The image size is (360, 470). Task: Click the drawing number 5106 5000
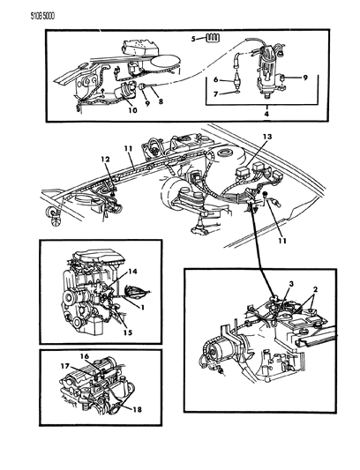click(42, 16)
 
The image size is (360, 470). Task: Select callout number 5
click(193, 39)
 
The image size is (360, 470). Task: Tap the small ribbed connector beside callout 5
click(213, 38)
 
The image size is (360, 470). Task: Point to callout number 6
click(215, 79)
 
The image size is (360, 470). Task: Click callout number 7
click(215, 94)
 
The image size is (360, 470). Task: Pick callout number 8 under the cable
click(161, 101)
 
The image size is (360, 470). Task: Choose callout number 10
click(132, 110)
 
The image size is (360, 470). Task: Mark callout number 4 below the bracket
click(266, 114)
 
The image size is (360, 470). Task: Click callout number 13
click(267, 137)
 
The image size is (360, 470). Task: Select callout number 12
click(105, 159)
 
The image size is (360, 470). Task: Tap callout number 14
click(132, 272)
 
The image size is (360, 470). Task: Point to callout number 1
click(143, 307)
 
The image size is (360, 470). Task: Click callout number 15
click(127, 332)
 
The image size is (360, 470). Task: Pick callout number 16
click(85, 356)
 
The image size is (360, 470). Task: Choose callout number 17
click(65, 366)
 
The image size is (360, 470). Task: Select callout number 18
click(137, 409)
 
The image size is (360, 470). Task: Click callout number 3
click(291, 284)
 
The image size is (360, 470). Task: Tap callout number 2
click(315, 289)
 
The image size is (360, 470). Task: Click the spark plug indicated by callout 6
click(236, 81)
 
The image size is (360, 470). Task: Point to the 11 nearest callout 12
click(129, 148)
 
